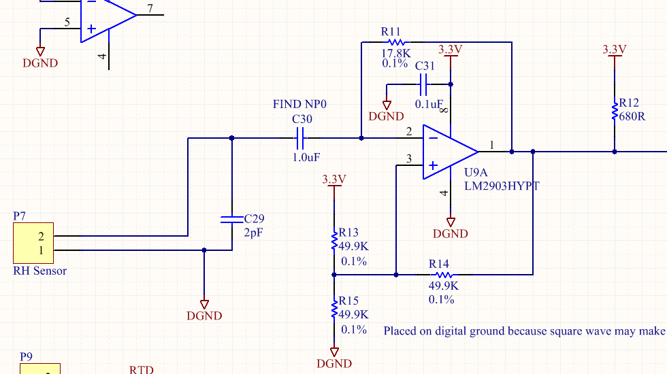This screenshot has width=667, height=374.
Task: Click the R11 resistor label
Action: pos(391,31)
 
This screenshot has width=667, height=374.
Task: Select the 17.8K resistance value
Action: pos(395,52)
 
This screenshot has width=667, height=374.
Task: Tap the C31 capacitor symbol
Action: pos(424,85)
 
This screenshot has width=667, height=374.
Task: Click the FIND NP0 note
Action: pos(300,104)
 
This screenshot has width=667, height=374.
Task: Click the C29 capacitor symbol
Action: pos(232,219)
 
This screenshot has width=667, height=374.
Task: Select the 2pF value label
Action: pos(253,232)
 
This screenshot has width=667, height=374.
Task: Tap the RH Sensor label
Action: pos(40,271)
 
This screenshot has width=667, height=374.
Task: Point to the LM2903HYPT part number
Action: pos(502,186)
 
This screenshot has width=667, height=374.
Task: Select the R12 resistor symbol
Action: pos(615,111)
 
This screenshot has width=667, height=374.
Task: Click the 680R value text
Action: pos(633,116)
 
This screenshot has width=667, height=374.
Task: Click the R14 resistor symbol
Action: pos(439,275)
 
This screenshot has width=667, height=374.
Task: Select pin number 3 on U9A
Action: pos(409,159)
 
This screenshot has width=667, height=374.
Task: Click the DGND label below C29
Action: pos(204,316)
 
